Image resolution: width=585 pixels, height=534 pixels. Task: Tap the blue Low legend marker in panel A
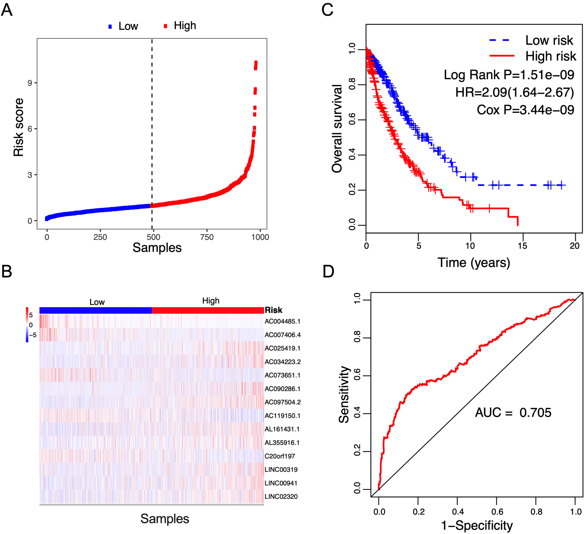pos(110,26)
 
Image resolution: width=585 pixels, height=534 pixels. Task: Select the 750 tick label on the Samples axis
pos(207,237)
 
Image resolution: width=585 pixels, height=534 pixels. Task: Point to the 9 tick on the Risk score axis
pos(30,83)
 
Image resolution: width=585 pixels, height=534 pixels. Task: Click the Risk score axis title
pos(18,127)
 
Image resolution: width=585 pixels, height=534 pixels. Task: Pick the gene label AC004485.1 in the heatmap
pos(282,321)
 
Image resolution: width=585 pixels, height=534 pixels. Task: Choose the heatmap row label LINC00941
pos(281,483)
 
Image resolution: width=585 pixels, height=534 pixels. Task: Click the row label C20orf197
pos(279,456)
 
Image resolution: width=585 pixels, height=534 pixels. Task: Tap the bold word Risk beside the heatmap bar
pos(274,310)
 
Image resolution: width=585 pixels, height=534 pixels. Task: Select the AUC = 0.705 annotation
pos(513,413)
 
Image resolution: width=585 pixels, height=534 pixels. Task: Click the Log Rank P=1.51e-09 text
pos(509,75)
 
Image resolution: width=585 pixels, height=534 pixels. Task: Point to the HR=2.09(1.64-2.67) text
pos(515,92)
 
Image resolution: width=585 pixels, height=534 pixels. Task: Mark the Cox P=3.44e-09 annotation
pos(525,110)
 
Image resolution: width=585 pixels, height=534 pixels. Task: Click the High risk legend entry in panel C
pos(551,56)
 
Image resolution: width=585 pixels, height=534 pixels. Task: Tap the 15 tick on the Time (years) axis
pos(522,246)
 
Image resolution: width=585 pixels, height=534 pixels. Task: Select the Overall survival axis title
pos(337,128)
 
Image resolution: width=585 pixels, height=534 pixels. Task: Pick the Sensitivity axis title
pos(344,394)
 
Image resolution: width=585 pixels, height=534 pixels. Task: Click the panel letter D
pos(329,272)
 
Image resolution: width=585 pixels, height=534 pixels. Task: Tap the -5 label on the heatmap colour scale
pos(33,335)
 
